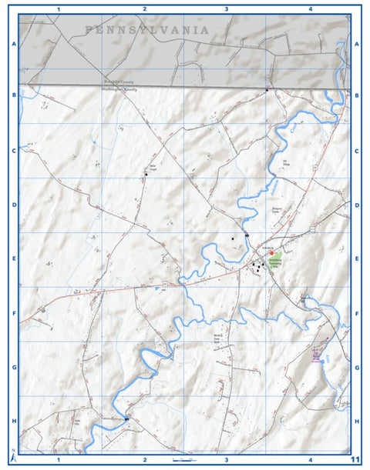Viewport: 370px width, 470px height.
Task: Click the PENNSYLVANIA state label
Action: [147, 30]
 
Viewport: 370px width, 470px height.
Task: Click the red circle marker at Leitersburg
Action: [271, 252]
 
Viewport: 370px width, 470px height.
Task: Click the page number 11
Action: [355, 459]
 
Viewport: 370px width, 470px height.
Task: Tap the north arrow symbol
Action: [13, 452]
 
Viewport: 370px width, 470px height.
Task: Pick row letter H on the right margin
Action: [357, 422]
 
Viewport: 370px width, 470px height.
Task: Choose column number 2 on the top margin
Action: [144, 9]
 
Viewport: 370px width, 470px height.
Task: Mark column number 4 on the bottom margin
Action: [309, 460]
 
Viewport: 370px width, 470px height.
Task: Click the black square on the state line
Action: [266, 91]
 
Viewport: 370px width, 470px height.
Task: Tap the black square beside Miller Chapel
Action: [145, 175]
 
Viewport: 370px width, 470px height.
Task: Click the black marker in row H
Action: [126, 418]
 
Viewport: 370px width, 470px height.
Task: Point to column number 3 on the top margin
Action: [226, 9]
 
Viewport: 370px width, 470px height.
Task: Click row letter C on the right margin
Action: [357, 151]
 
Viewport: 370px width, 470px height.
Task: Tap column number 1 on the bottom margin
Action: [59, 460]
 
